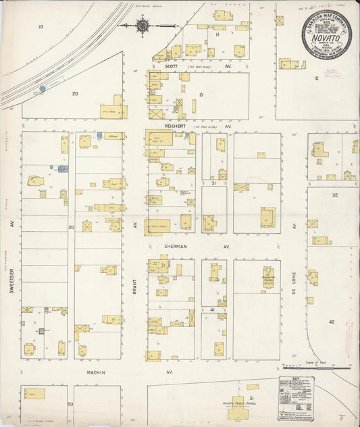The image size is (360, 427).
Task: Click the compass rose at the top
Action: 143,26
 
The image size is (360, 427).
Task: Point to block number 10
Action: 41,26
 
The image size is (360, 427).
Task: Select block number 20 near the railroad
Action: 74,94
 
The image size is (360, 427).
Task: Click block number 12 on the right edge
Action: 315,78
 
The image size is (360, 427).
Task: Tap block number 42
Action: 332,322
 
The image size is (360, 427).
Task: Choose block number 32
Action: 334,194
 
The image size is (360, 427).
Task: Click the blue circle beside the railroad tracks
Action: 42,89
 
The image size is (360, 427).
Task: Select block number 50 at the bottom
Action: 70,403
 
